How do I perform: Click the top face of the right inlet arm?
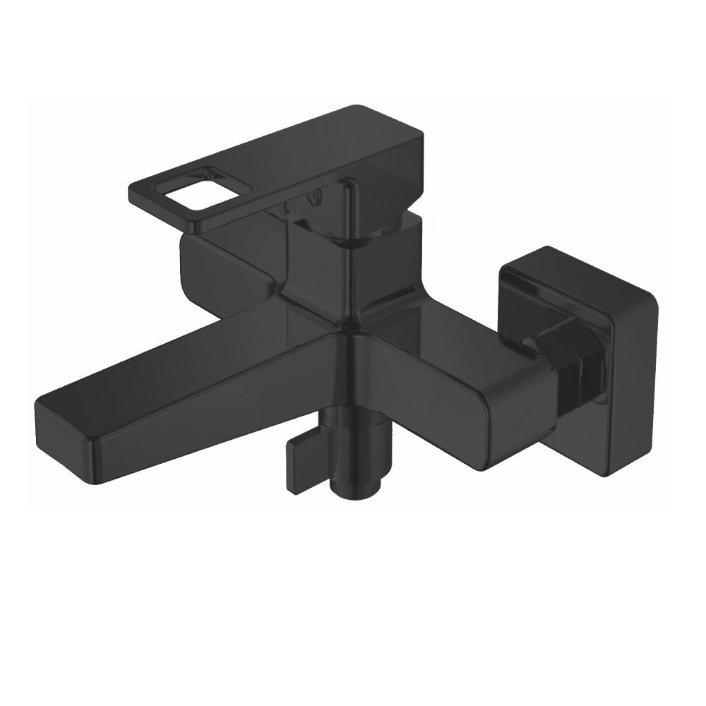coord(438,353)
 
